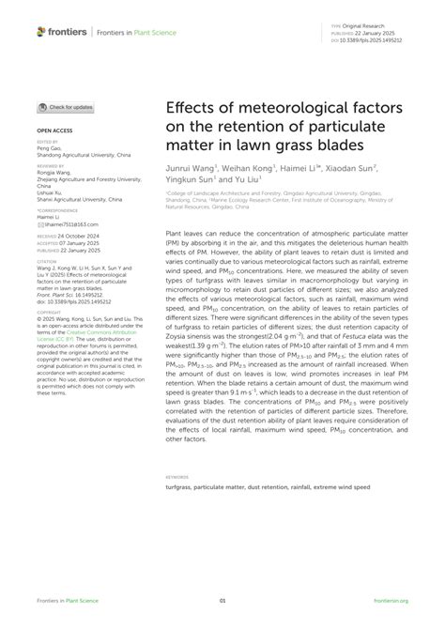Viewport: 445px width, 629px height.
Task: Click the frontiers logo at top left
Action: (x=62, y=32)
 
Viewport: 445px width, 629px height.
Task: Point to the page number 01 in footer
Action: (x=222, y=601)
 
